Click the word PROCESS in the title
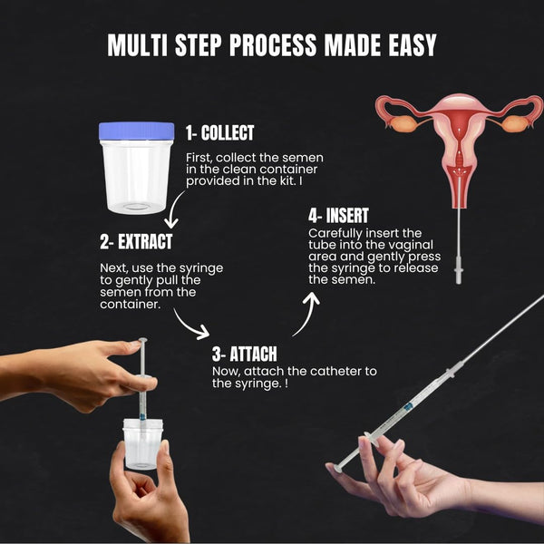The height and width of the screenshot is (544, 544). pyautogui.click(x=273, y=45)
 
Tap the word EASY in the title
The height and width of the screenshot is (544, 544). pyautogui.click(x=413, y=45)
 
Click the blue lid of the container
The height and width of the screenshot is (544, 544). pyautogui.click(x=137, y=131)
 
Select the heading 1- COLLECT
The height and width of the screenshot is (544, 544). pyautogui.click(x=220, y=133)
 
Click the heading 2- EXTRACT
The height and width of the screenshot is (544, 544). pyautogui.click(x=136, y=242)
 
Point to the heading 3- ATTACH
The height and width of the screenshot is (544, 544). pyautogui.click(x=245, y=354)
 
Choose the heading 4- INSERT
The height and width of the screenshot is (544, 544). pyautogui.click(x=338, y=216)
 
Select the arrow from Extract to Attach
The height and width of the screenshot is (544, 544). pyautogui.click(x=190, y=325)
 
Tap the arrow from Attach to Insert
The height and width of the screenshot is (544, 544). pyautogui.click(x=308, y=314)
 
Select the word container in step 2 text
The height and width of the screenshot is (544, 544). pyautogui.click(x=130, y=305)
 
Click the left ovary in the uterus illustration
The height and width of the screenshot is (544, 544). pyautogui.click(x=403, y=124)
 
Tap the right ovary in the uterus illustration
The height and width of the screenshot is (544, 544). pyautogui.click(x=516, y=124)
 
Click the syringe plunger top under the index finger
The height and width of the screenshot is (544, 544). pyautogui.click(x=142, y=340)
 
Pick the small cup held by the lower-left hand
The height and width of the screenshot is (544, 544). pyautogui.click(x=142, y=443)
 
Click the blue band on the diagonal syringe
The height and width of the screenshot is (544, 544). pyautogui.click(x=408, y=406)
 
